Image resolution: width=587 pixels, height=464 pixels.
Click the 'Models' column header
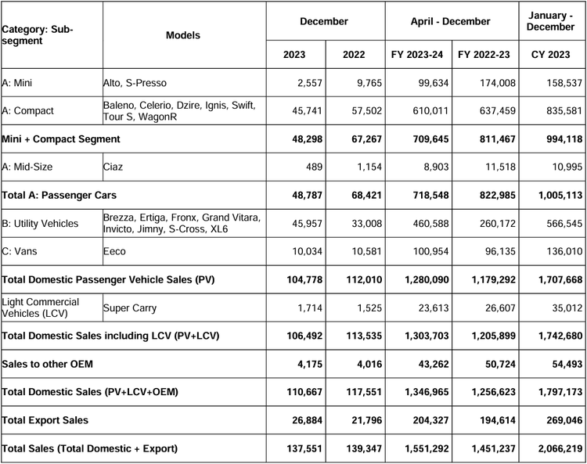[183, 35]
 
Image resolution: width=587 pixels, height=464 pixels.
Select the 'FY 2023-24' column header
[417, 55]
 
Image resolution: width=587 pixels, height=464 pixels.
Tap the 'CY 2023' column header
[551, 55]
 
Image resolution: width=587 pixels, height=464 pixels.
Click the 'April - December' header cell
[450, 21]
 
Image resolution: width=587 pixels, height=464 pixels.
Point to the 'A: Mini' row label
[17, 83]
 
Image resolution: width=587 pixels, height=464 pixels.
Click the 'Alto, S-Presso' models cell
[135, 83]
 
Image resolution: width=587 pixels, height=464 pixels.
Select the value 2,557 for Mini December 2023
[310, 83]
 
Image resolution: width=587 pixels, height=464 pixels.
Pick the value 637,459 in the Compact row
[498, 111]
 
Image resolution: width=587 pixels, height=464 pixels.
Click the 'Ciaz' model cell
[113, 167]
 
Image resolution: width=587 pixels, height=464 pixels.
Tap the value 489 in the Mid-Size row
[314, 167]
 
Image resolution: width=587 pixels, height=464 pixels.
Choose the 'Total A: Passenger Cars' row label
[59, 195]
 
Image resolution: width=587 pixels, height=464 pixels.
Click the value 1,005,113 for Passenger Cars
[560, 195]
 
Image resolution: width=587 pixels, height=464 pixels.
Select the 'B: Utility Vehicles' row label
[40, 224]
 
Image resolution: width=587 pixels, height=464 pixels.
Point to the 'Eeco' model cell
[114, 251]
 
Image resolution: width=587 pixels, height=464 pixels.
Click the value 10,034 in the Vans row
[308, 251]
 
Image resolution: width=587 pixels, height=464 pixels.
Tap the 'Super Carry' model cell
[130, 308]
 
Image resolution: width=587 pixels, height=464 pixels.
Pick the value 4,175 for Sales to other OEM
[310, 364]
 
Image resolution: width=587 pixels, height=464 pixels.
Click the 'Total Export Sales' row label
[45, 420]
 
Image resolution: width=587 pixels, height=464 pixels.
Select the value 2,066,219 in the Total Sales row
[560, 448]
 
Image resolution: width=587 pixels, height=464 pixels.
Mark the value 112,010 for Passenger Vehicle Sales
[364, 279]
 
